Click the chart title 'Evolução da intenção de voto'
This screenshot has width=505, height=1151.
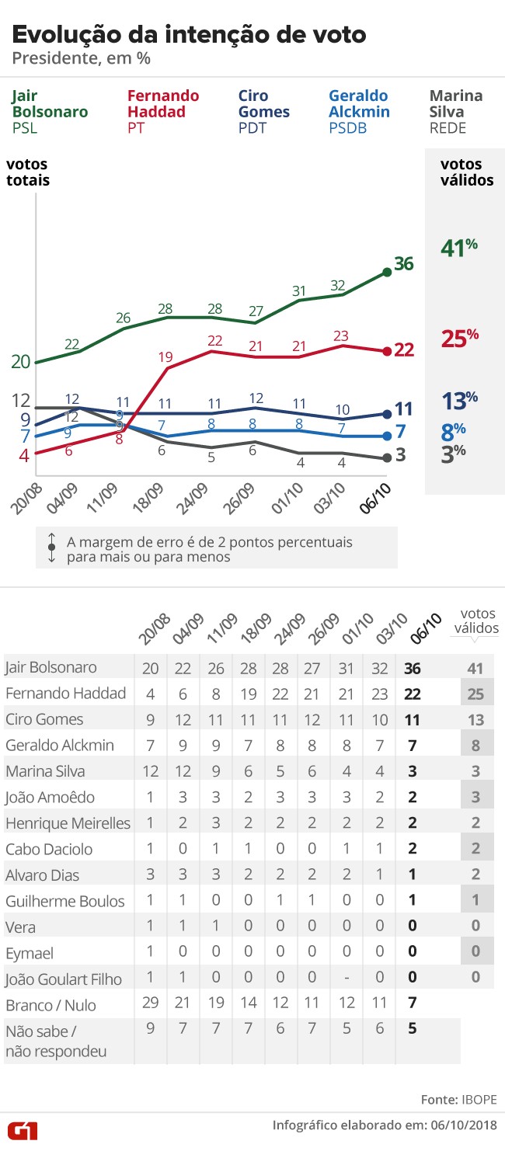pyautogui.click(x=188, y=34)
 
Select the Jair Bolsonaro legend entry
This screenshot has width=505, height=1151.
pyautogui.click(x=49, y=112)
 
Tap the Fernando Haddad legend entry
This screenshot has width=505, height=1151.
pyautogui.click(x=163, y=112)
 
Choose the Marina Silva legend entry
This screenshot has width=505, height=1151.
pyautogui.click(x=456, y=112)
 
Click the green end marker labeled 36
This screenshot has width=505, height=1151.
pyautogui.click(x=386, y=271)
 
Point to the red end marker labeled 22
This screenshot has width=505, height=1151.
pyautogui.click(x=386, y=351)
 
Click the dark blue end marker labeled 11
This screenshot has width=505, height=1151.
pyautogui.click(x=386, y=413)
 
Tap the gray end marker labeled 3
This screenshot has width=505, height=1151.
pyautogui.click(x=386, y=458)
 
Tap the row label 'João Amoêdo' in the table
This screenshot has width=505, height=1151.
pyautogui.click(x=50, y=798)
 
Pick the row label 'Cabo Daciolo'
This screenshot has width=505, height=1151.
pyautogui.click(x=50, y=850)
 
